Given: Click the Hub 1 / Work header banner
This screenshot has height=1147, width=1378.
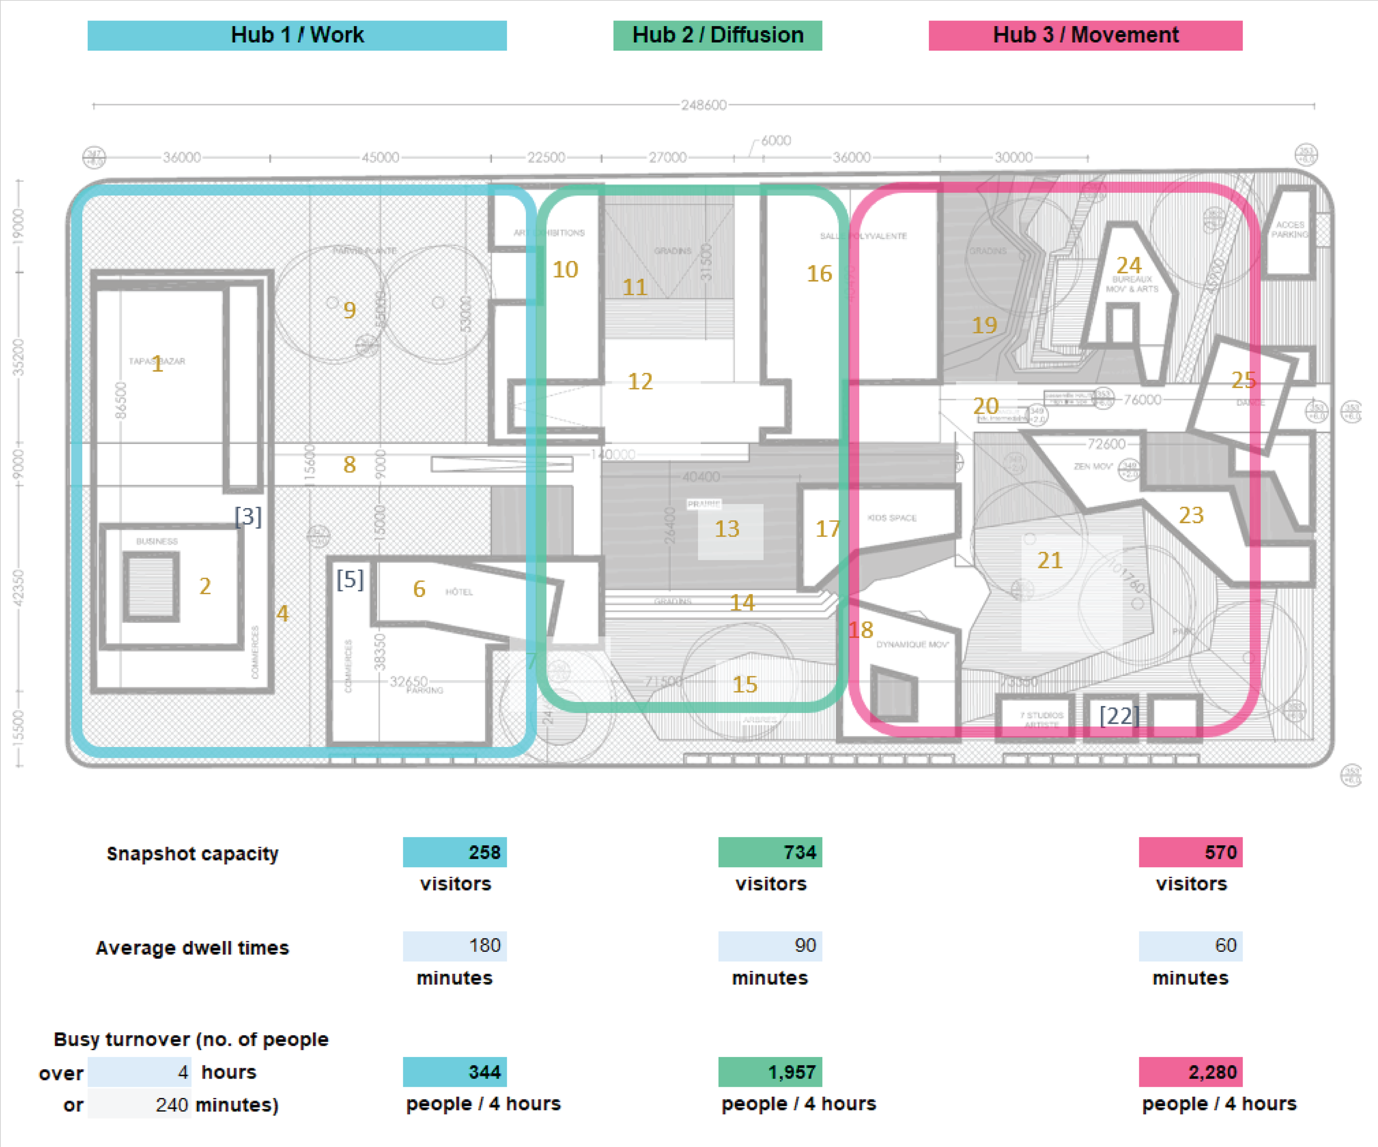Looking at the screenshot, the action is [x=297, y=35].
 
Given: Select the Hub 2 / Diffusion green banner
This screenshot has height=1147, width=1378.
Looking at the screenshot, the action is [x=717, y=35].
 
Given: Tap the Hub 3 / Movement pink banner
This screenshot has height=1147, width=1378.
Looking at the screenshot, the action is [x=1085, y=35].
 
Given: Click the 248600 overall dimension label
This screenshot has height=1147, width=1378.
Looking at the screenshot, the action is [x=703, y=105].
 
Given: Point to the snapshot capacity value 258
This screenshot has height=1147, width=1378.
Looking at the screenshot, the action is [x=455, y=852].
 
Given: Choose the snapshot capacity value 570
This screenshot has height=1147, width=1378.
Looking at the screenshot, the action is [x=1191, y=852].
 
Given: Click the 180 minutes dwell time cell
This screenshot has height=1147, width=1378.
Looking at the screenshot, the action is [x=455, y=946].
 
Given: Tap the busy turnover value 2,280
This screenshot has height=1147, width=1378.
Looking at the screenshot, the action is [x=1191, y=1072].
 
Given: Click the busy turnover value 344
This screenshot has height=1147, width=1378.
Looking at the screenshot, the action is [x=455, y=1072].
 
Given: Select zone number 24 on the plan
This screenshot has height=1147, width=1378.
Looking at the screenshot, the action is [x=1129, y=265].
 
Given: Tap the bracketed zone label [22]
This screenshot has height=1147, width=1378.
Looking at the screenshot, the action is [x=1119, y=715].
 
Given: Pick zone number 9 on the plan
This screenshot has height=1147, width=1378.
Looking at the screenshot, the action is [x=350, y=310].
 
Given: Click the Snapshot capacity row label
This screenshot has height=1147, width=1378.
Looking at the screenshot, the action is [x=192, y=854].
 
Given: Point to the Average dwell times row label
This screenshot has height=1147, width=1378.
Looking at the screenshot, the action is [x=192, y=948].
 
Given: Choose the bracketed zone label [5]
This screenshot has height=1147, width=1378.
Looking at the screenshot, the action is [x=350, y=579].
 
